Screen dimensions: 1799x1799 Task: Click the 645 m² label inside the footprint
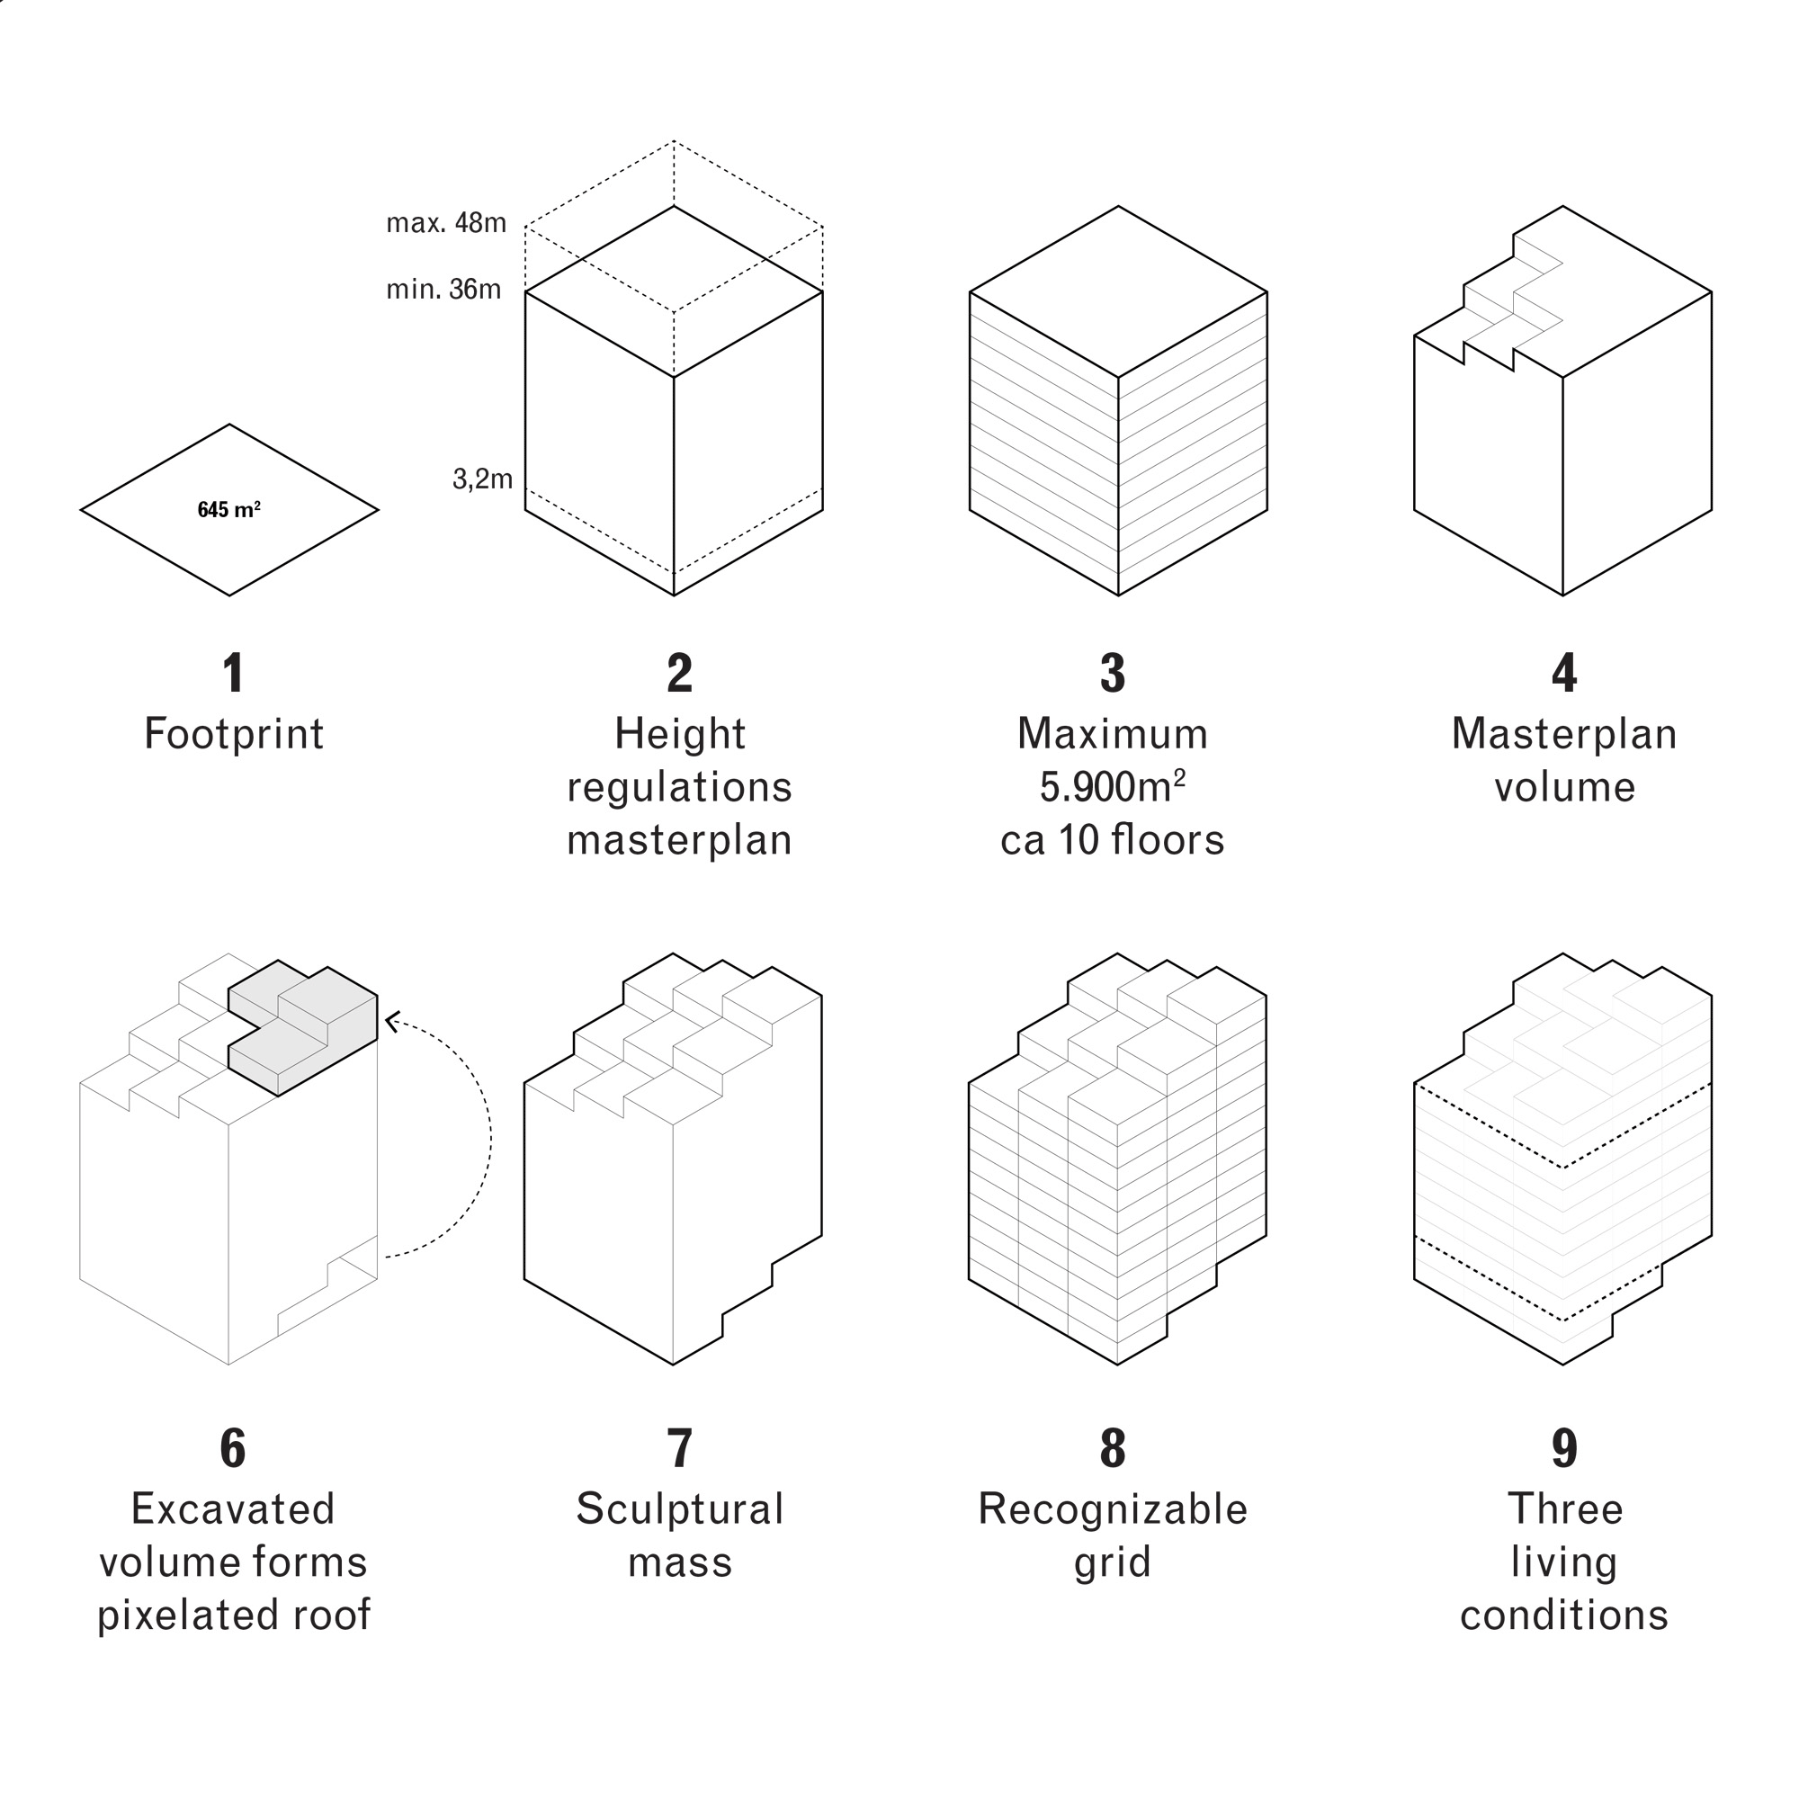(x=229, y=510)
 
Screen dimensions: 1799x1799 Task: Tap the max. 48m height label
(x=446, y=223)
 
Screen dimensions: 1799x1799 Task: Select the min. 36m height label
(x=443, y=290)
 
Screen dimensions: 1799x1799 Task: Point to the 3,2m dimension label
(x=482, y=479)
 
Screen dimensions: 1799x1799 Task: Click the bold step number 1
(x=233, y=673)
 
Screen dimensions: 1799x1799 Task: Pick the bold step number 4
(x=1563, y=673)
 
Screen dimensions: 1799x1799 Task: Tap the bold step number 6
(x=233, y=1449)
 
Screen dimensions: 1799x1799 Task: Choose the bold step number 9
(x=1563, y=1449)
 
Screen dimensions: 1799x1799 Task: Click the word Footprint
(x=234, y=734)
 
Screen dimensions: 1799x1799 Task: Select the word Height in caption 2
(x=680, y=734)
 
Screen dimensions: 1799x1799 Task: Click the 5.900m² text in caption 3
(x=1112, y=787)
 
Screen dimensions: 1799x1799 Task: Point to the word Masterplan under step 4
(x=1563, y=734)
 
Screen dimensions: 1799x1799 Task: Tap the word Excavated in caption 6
(x=233, y=1509)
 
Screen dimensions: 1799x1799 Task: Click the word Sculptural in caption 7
(x=680, y=1509)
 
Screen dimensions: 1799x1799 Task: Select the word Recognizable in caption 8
(x=1112, y=1509)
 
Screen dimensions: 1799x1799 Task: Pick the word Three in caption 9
(x=1564, y=1509)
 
